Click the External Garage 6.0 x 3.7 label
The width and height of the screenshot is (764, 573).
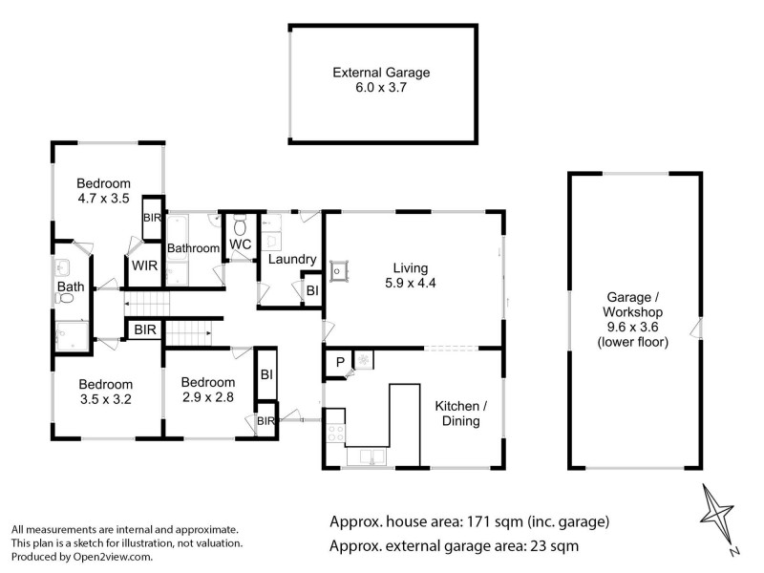381,79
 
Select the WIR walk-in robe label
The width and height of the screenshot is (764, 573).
144,265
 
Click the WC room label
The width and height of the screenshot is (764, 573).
239,245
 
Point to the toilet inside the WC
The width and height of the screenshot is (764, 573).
240,226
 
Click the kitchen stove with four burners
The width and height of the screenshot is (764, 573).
335,433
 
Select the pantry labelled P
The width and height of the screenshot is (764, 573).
339,362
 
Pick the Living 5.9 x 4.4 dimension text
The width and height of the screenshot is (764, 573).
414,283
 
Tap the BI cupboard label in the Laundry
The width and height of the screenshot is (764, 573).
310,290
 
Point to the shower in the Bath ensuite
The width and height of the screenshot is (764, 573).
70,335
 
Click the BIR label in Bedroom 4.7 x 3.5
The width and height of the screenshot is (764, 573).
151,218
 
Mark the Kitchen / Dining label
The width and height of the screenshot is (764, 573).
462,414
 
